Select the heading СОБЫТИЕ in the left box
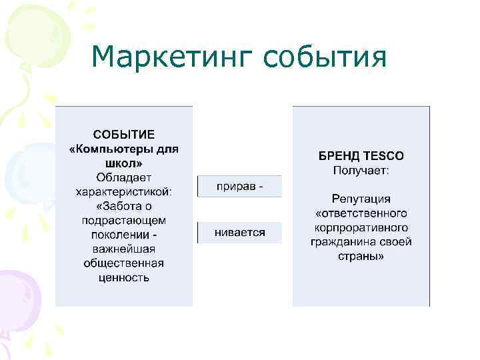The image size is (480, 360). [124, 134]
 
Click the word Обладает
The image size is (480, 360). [124, 177]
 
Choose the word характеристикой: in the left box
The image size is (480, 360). [124, 191]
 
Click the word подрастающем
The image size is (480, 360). [124, 220]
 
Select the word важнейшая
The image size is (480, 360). [124, 249]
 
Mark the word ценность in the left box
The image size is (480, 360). [124, 277]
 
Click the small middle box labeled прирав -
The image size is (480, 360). [240, 186]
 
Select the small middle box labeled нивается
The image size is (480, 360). [240, 233]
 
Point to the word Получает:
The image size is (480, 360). [361, 171]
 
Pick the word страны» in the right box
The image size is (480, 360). [361, 257]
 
